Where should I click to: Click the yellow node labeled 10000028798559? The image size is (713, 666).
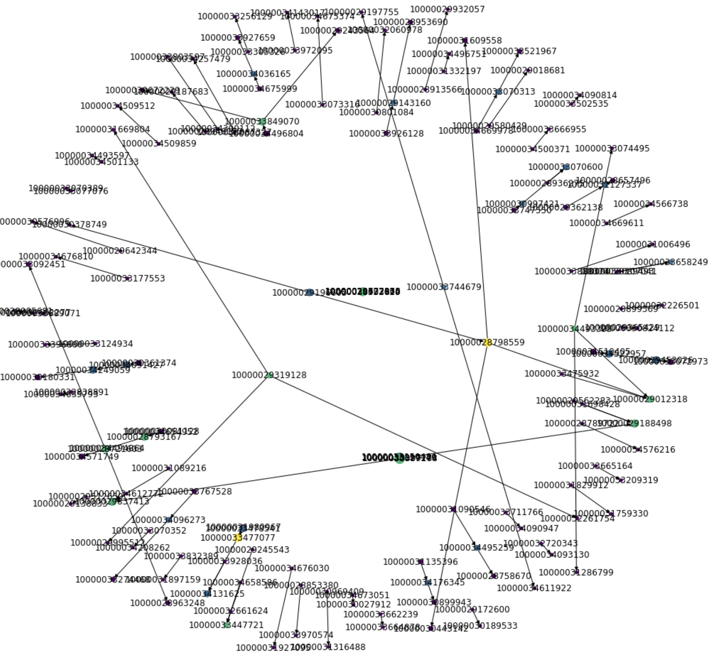[487, 342]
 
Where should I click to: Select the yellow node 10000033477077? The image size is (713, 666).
[238, 537]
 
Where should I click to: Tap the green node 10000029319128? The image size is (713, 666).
[269, 375]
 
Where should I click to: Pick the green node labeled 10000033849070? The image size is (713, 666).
[262, 122]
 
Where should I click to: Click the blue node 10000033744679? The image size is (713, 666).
[444, 287]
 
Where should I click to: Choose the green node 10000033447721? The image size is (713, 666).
[226, 625]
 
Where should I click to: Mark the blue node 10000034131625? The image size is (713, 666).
[207, 593]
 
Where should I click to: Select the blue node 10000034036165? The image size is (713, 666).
[253, 74]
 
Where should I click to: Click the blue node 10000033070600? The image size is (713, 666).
[566, 167]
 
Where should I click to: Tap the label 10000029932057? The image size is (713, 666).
[447, 9]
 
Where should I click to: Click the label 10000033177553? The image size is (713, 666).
[128, 279]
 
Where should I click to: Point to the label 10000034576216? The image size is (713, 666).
[638, 449]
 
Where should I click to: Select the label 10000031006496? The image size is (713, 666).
[653, 244]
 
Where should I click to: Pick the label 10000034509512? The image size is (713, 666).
[118, 106]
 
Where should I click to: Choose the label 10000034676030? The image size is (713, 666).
[292, 568]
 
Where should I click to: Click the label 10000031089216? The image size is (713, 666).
[169, 468]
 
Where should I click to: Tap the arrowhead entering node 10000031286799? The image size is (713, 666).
[576, 569]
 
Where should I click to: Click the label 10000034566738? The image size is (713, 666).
[651, 204]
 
